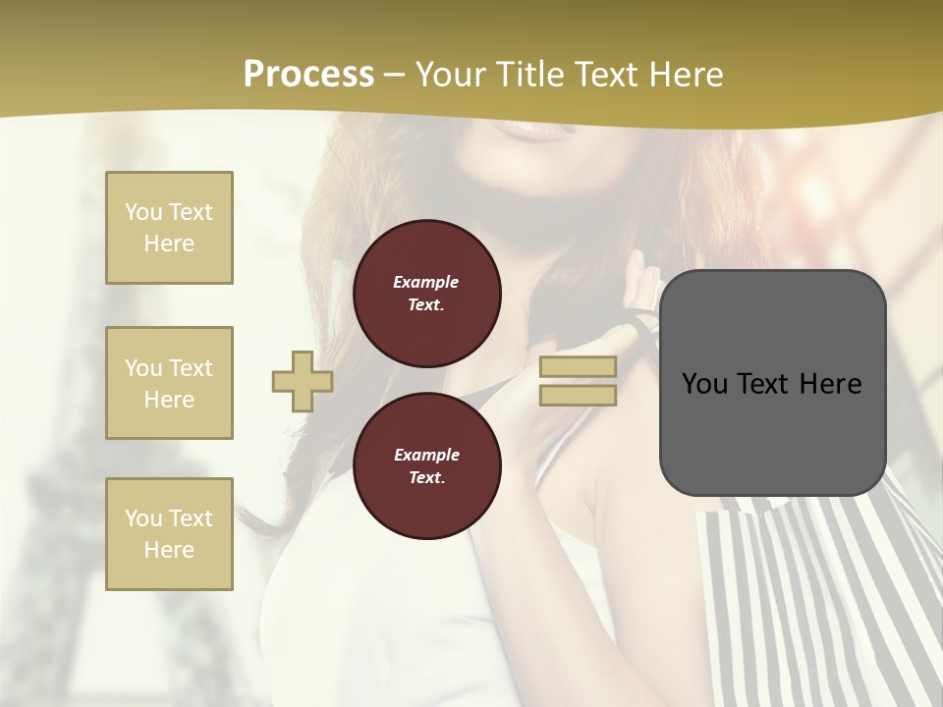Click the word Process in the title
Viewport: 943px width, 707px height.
[308, 75]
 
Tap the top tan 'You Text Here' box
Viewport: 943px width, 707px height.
[169, 228]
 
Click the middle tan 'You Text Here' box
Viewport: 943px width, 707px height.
[169, 383]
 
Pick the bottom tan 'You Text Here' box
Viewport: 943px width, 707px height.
[169, 534]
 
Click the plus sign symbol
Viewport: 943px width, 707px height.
[303, 381]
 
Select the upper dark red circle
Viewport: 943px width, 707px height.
[426, 294]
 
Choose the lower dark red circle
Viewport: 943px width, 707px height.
[426, 466]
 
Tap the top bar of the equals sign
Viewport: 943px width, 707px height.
[578, 367]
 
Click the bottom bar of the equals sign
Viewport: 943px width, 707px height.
[578, 395]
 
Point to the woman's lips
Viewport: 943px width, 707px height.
[535, 128]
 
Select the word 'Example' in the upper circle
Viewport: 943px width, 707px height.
[426, 282]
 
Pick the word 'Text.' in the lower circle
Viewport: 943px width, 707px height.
[426, 478]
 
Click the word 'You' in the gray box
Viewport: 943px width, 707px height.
[704, 384]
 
